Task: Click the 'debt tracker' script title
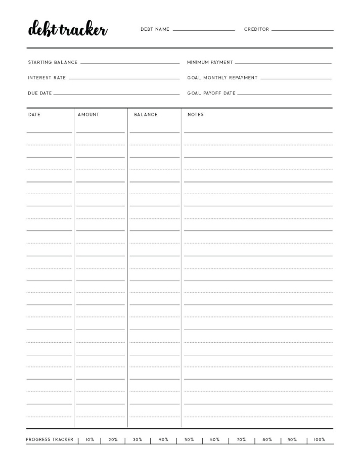click(x=67, y=29)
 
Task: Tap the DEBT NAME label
click(x=155, y=29)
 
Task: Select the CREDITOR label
click(x=256, y=29)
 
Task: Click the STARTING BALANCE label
click(x=53, y=63)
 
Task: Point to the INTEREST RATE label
click(x=47, y=78)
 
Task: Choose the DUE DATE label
click(x=39, y=93)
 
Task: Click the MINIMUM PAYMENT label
click(x=210, y=63)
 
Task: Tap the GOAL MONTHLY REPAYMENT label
click(x=222, y=78)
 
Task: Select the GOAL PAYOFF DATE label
click(x=211, y=93)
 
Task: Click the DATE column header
click(x=34, y=115)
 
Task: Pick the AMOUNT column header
click(x=88, y=115)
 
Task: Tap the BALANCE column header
click(x=146, y=115)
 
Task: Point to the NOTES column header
click(x=195, y=115)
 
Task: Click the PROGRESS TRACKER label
click(x=50, y=440)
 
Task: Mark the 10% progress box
click(x=89, y=440)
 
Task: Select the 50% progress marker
click(x=189, y=440)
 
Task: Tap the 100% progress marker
click(x=319, y=440)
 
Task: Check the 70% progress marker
click(x=241, y=440)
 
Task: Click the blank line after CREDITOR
click(x=302, y=30)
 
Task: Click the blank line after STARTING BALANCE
click(x=129, y=63)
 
